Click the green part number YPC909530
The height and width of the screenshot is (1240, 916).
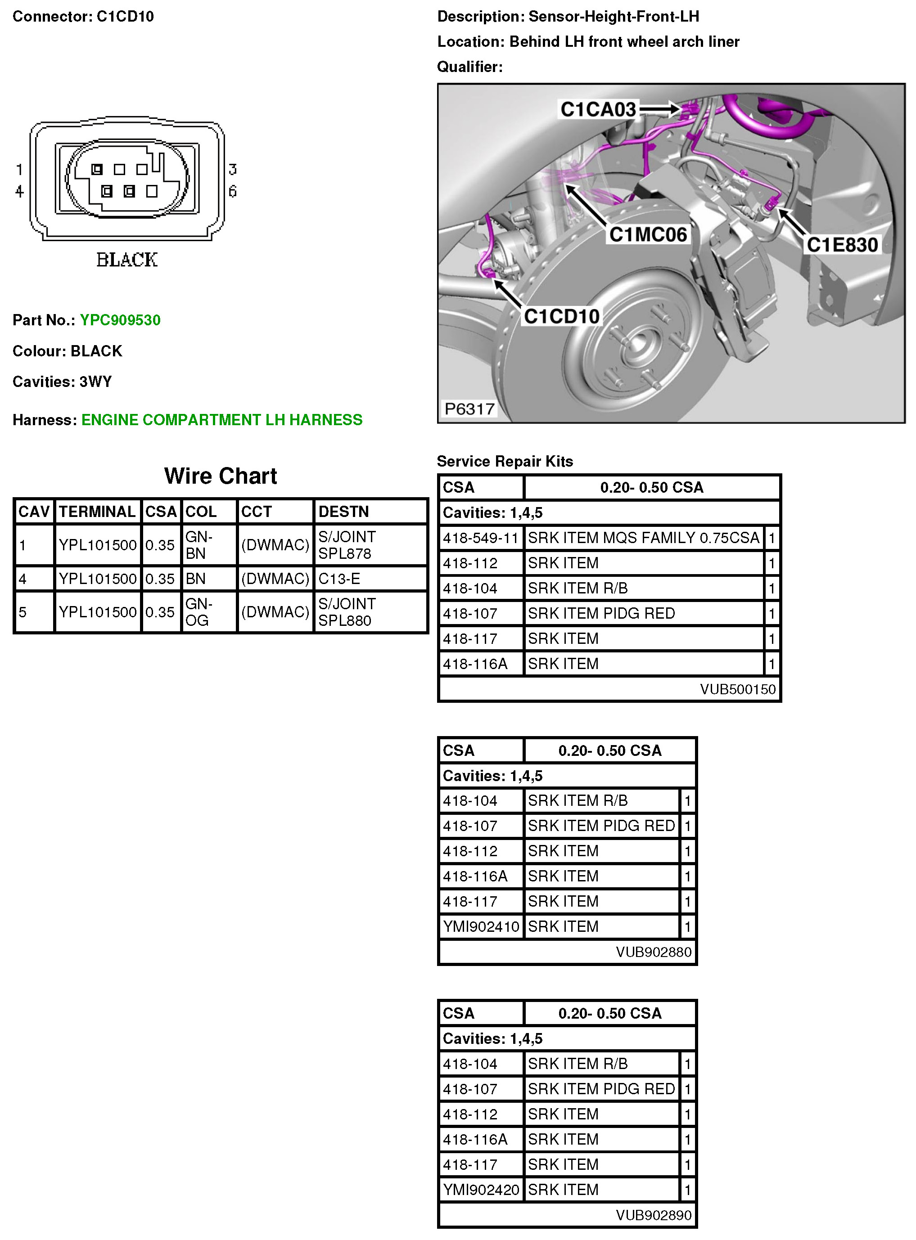pyautogui.click(x=120, y=320)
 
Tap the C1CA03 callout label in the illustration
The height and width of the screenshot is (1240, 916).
pyautogui.click(x=598, y=109)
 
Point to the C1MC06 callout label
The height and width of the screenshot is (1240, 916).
pyautogui.click(x=648, y=234)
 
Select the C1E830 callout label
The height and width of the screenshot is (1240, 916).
pyautogui.click(x=842, y=244)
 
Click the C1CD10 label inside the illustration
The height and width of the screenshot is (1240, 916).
pyautogui.click(x=561, y=316)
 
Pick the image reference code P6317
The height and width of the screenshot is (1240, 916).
pyautogui.click(x=469, y=409)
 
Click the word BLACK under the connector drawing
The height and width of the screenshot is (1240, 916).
pyautogui.click(x=127, y=260)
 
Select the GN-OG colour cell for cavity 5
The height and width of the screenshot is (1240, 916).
pyautogui.click(x=198, y=612)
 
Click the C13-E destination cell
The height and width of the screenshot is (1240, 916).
pyautogui.click(x=339, y=579)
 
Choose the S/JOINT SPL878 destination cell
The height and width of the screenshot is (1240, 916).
pyautogui.click(x=347, y=545)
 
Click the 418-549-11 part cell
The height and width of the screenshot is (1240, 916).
pyautogui.click(x=480, y=538)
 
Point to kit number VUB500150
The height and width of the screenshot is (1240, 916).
pyautogui.click(x=737, y=689)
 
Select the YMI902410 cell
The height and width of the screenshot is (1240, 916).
pyautogui.click(x=481, y=926)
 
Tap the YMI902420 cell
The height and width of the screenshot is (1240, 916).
pyautogui.click(x=481, y=1190)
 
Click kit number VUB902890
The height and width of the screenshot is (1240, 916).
pyautogui.click(x=653, y=1215)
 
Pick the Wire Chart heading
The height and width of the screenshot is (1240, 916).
pyautogui.click(x=220, y=476)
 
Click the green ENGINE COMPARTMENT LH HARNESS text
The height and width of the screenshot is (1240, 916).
pyautogui.click(x=222, y=420)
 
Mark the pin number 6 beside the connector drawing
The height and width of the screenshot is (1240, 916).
pyautogui.click(x=232, y=191)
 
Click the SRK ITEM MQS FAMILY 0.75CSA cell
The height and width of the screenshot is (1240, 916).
pyautogui.click(x=643, y=538)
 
